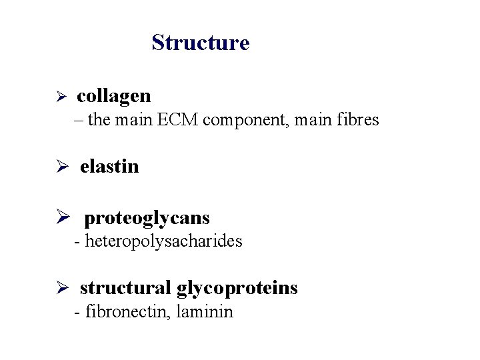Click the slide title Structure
[x=200, y=42]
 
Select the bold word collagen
[x=114, y=96]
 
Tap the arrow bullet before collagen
[x=59, y=97]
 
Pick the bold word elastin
[x=109, y=166]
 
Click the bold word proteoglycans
[x=147, y=217]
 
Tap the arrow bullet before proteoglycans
[x=61, y=218]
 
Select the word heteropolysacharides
[x=164, y=241]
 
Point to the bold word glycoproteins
[x=237, y=288]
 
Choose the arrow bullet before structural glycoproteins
[x=60, y=289]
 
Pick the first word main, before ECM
[x=133, y=121]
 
